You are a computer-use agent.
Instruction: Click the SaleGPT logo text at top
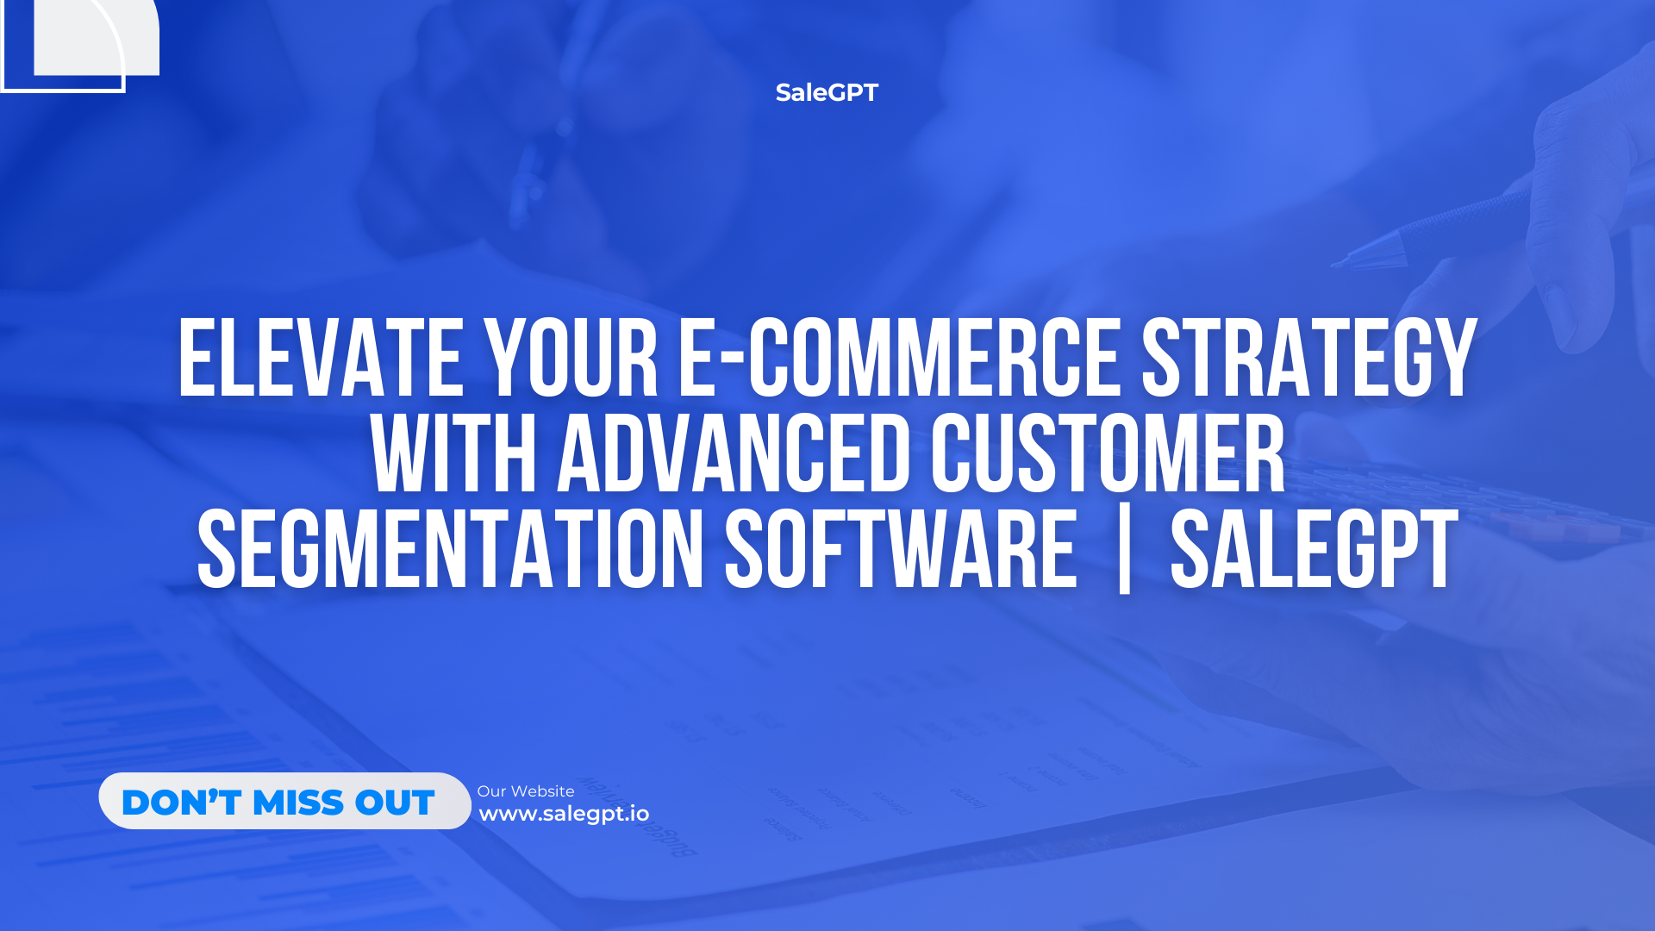pyautogui.click(x=827, y=92)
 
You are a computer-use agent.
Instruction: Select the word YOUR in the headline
pyautogui.click(x=571, y=358)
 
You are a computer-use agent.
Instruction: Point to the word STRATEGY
pyautogui.click(x=1309, y=358)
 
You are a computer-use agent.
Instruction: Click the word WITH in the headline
pyautogui.click(x=454, y=453)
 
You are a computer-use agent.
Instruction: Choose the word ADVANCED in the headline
pyautogui.click(x=734, y=453)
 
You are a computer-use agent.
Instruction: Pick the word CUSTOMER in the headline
pyautogui.click(x=1108, y=453)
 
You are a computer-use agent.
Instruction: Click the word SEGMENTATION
pyautogui.click(x=450, y=549)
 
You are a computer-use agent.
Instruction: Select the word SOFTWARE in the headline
pyautogui.click(x=901, y=549)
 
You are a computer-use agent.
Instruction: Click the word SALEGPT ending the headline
pyautogui.click(x=1314, y=549)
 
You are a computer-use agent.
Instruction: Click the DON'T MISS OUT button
pyautogui.click(x=284, y=801)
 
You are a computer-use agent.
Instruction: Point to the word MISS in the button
pyautogui.click(x=298, y=803)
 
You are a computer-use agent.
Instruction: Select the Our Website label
pyautogui.click(x=526, y=791)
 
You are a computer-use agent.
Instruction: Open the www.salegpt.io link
pyautogui.click(x=564, y=814)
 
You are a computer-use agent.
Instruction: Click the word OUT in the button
pyautogui.click(x=394, y=803)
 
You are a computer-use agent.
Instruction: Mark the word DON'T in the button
pyautogui.click(x=181, y=803)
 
